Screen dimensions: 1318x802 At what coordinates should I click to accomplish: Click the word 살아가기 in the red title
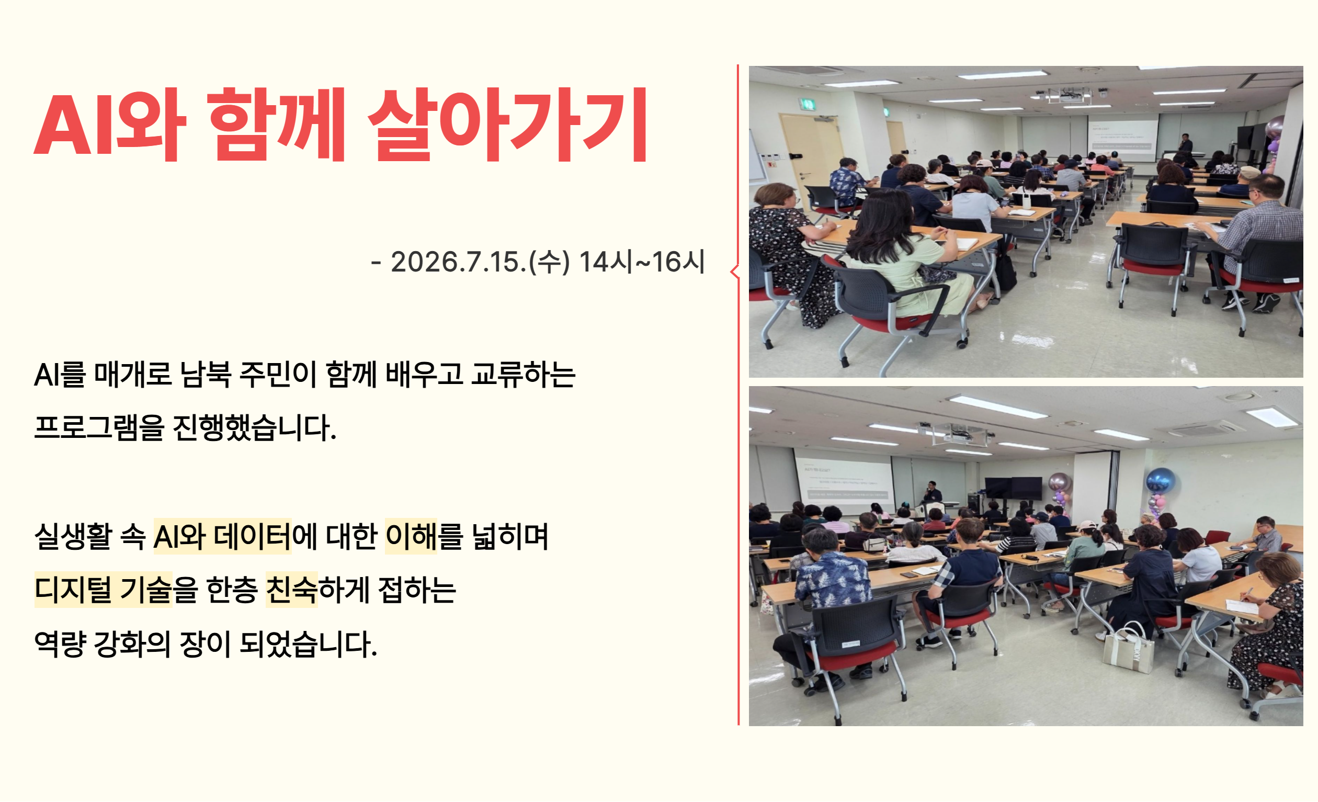pos(507,124)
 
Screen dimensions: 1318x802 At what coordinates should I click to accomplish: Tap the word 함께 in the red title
pos(277,124)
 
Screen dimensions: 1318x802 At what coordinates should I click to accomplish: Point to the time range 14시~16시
pos(642,262)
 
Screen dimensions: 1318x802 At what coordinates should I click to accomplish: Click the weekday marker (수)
pos(549,262)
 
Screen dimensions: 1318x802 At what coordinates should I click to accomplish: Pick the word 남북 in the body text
pos(206,374)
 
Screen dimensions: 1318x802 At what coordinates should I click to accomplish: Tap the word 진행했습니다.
pos(255,427)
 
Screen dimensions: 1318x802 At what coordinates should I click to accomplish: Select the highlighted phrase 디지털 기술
pos(103,590)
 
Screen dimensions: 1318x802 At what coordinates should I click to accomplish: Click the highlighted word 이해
pos(411,536)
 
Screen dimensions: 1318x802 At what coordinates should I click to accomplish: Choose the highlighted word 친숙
pos(291,590)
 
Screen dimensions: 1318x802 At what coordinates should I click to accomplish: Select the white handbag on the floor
pos(1129,647)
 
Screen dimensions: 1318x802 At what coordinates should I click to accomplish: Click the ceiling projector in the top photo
pos(1068,95)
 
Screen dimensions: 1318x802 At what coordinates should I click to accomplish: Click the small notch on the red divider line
pos(734,272)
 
